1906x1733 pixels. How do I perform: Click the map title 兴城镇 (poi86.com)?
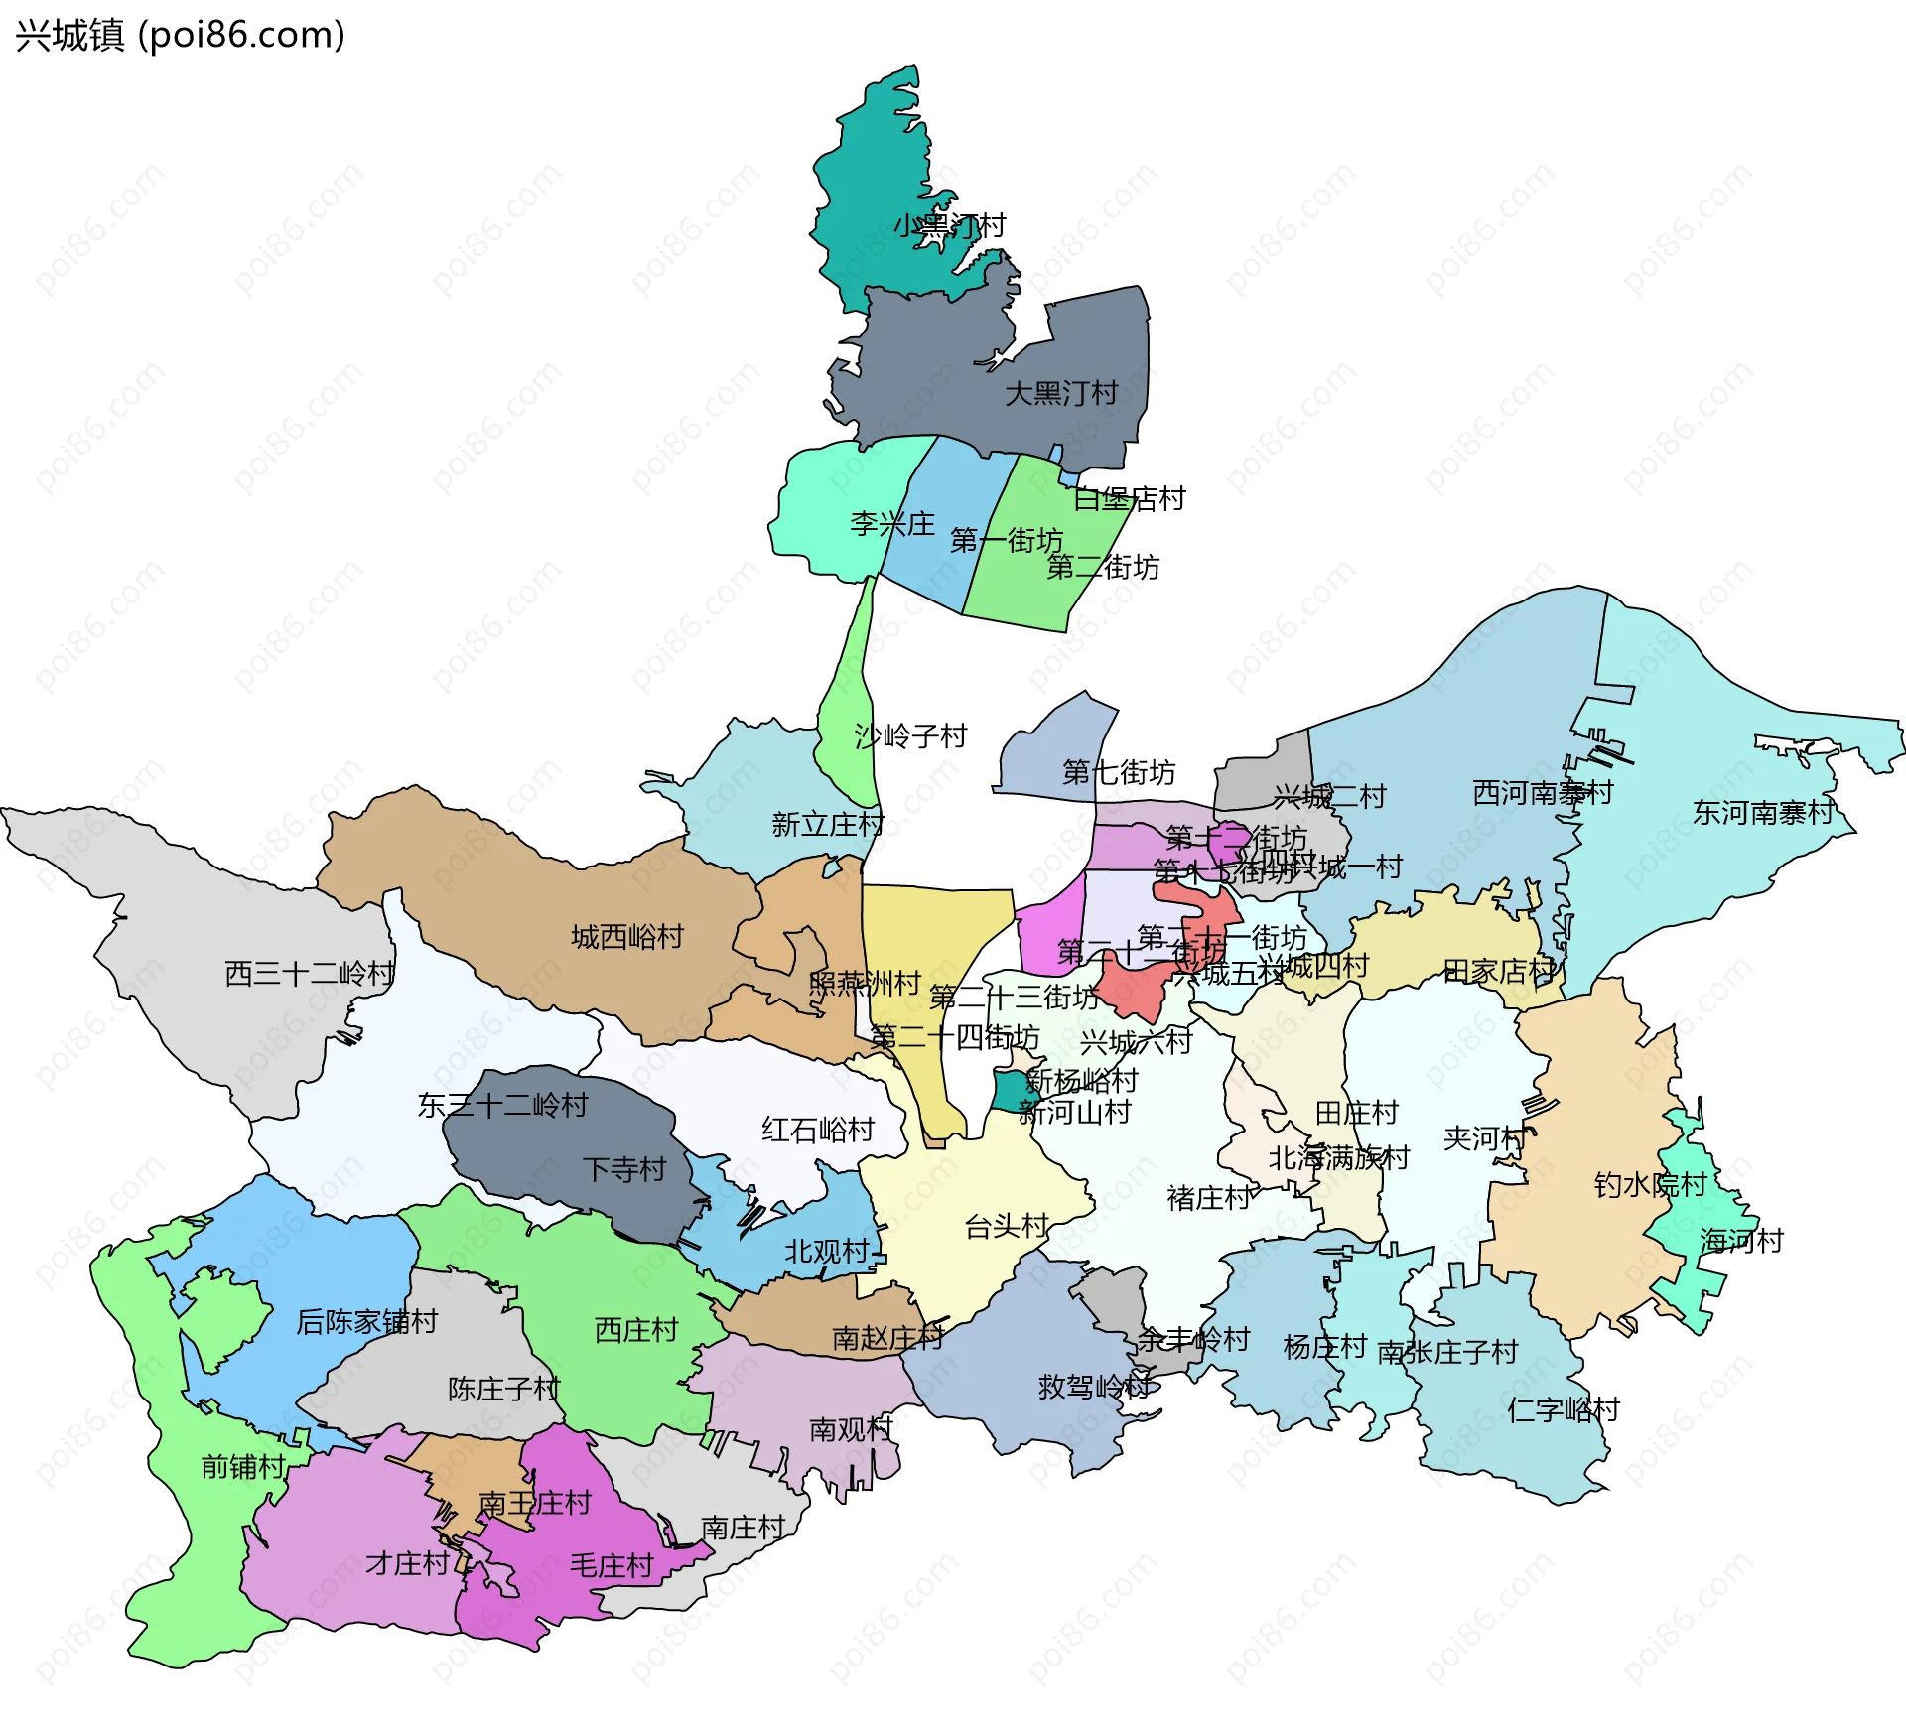point(180,36)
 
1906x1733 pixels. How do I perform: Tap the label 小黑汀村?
point(949,226)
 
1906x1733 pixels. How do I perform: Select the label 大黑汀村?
point(1060,394)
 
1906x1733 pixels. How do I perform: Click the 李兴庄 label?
point(891,524)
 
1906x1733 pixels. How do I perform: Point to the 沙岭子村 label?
point(910,736)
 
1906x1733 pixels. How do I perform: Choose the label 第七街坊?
point(1118,772)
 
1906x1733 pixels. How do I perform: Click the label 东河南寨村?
point(1762,813)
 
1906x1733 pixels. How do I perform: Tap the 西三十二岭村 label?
point(310,973)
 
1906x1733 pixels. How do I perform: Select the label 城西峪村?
point(626,937)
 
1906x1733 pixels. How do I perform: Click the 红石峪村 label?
point(817,1130)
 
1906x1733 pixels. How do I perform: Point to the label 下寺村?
point(623,1169)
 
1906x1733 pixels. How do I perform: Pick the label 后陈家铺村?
point(366,1322)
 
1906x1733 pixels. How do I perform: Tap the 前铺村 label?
point(242,1467)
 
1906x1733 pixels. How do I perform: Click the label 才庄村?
point(407,1564)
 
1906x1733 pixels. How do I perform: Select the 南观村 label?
point(851,1429)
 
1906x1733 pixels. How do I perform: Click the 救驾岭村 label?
point(1094,1387)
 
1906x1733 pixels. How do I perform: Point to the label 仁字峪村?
point(1563,1410)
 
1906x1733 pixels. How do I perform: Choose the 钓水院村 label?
point(1649,1185)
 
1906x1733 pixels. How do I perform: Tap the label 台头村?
point(1006,1227)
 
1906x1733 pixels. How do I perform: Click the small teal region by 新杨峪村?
point(1011,1090)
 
